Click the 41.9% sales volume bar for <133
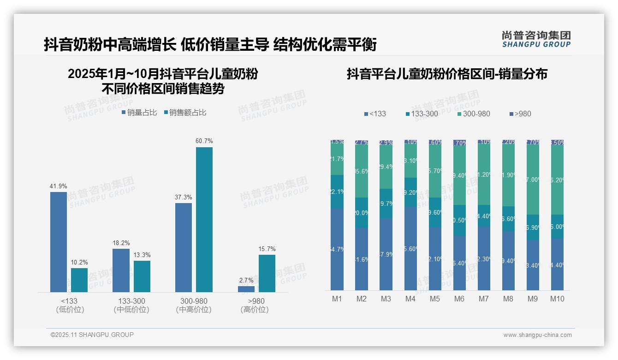[x=59, y=242]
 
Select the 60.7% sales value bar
[x=204, y=220]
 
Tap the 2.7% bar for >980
[x=246, y=289]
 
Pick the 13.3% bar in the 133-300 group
[x=142, y=276]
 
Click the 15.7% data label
[x=267, y=249]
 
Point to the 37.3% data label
[x=184, y=198]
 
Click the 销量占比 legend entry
[x=139, y=113]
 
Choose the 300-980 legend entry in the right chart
[x=474, y=114]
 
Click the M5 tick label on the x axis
[x=435, y=299]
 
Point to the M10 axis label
[x=557, y=299]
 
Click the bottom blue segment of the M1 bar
[x=337, y=249]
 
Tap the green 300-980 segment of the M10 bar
[x=557, y=180]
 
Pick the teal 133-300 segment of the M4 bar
[x=410, y=192]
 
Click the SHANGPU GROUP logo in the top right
[x=536, y=39]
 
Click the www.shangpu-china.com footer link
[x=537, y=335]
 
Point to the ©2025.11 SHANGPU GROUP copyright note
[x=92, y=335]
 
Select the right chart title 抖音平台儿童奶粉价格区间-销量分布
[x=447, y=74]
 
